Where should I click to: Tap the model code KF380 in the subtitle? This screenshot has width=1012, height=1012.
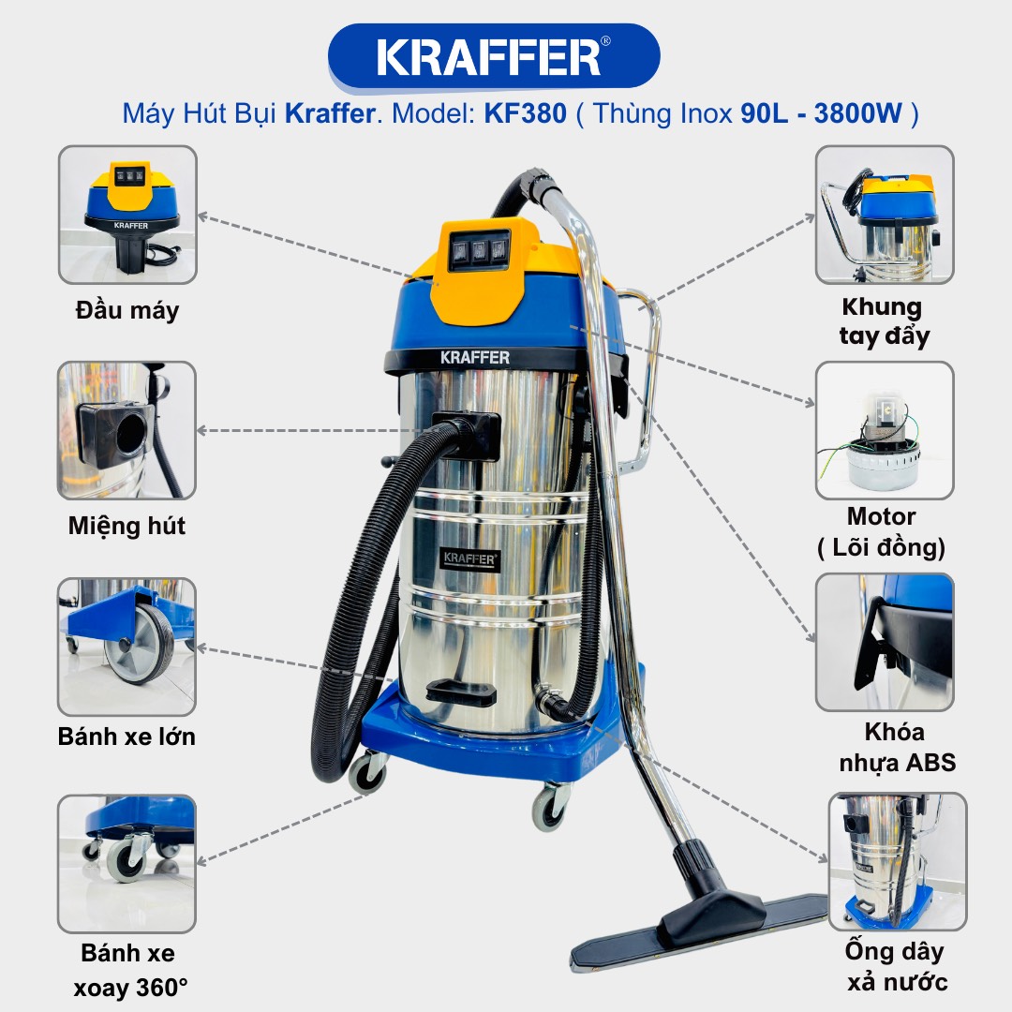(x=525, y=113)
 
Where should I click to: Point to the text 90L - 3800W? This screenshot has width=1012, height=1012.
(x=820, y=113)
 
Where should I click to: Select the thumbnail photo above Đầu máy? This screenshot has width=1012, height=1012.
(x=127, y=215)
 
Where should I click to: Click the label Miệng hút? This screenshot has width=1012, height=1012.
(x=127, y=526)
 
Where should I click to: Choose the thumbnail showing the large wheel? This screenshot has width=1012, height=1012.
(x=127, y=646)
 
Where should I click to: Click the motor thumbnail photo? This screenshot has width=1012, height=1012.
(x=885, y=430)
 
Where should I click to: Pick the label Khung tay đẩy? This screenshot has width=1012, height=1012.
(x=884, y=321)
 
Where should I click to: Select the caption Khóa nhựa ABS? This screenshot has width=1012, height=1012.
(x=897, y=748)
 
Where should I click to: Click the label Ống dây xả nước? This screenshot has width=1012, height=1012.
(x=897, y=966)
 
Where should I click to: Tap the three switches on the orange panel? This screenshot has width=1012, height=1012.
(x=479, y=250)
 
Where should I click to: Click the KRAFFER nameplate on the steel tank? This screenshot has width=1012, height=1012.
(x=469, y=558)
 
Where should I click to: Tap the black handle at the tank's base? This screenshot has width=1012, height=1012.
(x=461, y=692)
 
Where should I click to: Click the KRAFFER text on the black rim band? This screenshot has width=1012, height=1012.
(x=475, y=357)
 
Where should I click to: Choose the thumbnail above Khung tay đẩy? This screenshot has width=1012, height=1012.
(x=885, y=215)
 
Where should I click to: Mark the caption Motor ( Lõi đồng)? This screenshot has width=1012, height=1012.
(x=882, y=532)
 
